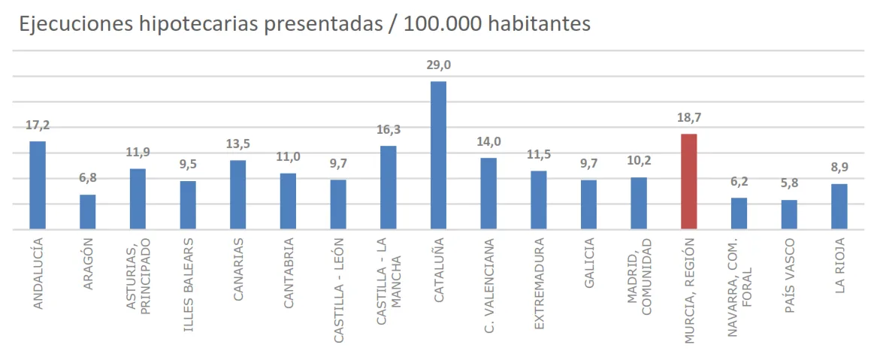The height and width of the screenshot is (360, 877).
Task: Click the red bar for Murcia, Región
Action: click(688, 181)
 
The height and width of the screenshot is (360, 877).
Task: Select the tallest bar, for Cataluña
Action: click(438, 155)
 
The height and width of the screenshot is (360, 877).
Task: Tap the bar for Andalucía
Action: click(38, 185)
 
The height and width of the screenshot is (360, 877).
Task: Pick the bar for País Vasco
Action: click(789, 214)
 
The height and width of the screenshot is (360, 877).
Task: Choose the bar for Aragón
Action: click(88, 212)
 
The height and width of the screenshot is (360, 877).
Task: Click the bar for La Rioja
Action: click(839, 207)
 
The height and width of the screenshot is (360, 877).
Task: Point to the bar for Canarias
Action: click(237, 195)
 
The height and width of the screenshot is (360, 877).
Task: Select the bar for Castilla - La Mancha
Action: click(388, 187)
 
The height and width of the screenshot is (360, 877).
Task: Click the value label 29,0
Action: click(438, 65)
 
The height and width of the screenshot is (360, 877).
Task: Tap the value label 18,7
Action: click(688, 118)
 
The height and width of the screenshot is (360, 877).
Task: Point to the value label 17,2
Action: click(38, 126)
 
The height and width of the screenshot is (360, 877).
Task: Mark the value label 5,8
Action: click(789, 184)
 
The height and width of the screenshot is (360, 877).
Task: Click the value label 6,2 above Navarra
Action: click(739, 182)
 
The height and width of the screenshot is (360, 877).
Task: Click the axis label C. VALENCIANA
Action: click(488, 286)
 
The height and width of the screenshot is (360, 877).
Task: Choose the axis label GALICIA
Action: click(588, 264)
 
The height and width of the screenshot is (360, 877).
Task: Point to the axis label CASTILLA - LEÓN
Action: click(338, 291)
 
